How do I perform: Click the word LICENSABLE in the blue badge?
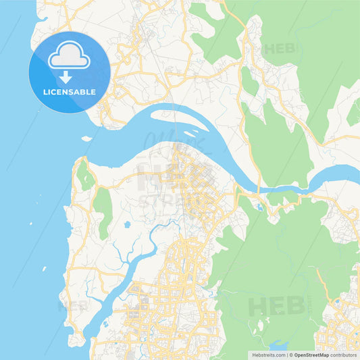coord(70,92)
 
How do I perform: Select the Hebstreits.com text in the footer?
coord(267,354)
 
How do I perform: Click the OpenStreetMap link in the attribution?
coord(311,354)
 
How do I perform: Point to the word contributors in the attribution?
coord(343,354)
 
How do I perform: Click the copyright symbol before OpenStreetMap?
coord(290,354)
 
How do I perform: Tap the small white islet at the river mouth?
coord(86,138)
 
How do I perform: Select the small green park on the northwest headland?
coord(85,177)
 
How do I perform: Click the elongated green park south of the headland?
coord(103,211)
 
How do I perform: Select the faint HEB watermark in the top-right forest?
coord(279,49)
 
